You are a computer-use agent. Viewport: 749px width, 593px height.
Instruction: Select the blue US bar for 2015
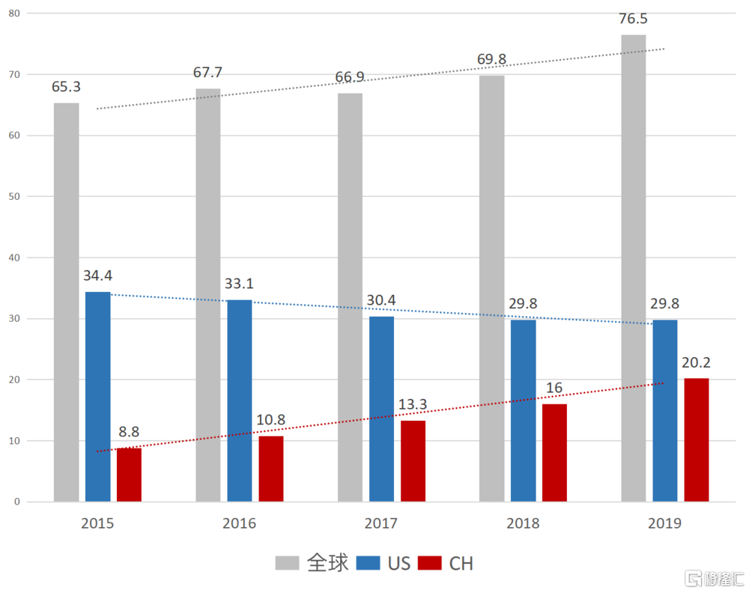pyautogui.click(x=97, y=397)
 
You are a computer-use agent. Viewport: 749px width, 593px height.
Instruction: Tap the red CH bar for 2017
pyautogui.click(x=413, y=461)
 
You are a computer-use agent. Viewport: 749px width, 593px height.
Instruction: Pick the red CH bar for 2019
pyautogui.click(x=696, y=440)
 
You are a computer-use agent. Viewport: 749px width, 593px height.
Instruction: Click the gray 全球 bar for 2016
pyautogui.click(x=208, y=295)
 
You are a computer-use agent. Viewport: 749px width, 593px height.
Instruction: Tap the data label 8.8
pyautogui.click(x=129, y=432)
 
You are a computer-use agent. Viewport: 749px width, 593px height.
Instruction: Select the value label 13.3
pyautogui.click(x=413, y=405)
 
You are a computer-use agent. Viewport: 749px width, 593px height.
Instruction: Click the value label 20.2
pyautogui.click(x=696, y=363)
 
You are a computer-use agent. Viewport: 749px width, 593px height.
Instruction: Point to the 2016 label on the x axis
pyautogui.click(x=239, y=523)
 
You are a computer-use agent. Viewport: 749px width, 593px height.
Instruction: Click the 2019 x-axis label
pyautogui.click(x=664, y=523)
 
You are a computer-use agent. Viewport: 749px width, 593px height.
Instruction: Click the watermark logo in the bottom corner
pyautogui.click(x=713, y=579)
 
